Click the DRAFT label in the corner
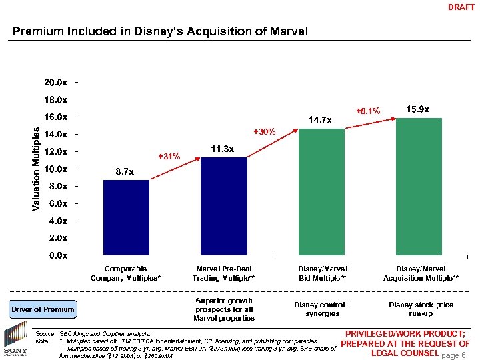coord(461,8)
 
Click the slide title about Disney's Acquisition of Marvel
coord(161,31)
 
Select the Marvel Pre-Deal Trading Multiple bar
coord(223,206)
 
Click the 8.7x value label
coord(125,172)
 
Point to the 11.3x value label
coord(222,149)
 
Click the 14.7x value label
coord(320,120)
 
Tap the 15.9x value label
coord(417,109)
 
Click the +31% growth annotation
coord(169,157)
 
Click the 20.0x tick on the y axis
coord(55,83)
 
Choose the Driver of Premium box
coord(43,309)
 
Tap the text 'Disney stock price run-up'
coord(421,309)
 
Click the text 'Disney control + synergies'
coord(322,309)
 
